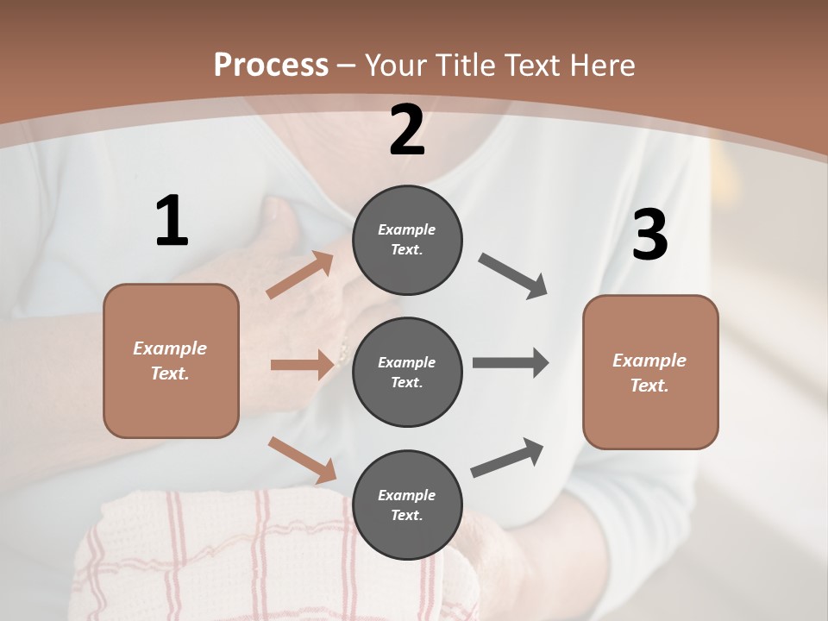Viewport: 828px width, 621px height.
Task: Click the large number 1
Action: (172, 221)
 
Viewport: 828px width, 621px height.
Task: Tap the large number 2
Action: (407, 130)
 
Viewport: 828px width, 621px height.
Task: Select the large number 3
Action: (649, 235)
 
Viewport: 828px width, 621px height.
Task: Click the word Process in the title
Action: (271, 65)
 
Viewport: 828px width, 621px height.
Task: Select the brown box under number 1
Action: (171, 361)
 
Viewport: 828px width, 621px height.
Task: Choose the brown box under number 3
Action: (650, 372)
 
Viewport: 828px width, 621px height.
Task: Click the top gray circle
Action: (407, 240)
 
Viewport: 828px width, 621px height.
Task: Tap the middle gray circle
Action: (407, 372)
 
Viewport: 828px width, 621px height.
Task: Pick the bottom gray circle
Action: (407, 505)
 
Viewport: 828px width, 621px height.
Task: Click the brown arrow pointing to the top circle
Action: (300, 275)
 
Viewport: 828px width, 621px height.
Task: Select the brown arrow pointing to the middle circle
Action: (302, 366)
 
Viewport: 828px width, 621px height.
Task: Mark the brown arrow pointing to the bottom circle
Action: (303, 460)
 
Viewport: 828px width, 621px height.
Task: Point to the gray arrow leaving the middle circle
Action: (511, 363)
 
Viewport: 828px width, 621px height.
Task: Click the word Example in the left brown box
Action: (170, 348)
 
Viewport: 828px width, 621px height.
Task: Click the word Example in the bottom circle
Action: (406, 495)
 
